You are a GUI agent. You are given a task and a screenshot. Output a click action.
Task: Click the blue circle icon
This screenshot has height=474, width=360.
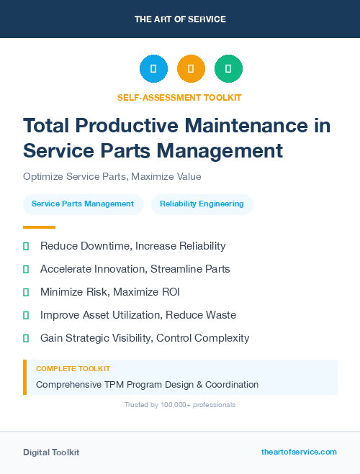pyautogui.click(x=153, y=69)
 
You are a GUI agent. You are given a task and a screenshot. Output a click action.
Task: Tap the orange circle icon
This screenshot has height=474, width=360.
pyautogui.click(x=191, y=69)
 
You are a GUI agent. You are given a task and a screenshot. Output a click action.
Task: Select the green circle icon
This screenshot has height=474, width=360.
pyautogui.click(x=228, y=69)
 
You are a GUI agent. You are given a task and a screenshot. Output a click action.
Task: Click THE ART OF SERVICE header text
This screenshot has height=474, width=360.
pyautogui.click(x=180, y=19)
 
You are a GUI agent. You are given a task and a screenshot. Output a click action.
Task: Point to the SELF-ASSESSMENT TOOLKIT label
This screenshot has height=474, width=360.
pyautogui.click(x=179, y=97)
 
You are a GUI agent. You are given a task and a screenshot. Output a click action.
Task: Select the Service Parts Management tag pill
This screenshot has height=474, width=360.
pyautogui.click(x=83, y=204)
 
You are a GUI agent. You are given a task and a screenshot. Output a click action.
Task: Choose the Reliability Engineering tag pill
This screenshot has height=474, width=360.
pyautogui.click(x=202, y=204)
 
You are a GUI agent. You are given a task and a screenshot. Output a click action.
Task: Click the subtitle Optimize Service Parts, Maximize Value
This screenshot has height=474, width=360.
pyautogui.click(x=112, y=176)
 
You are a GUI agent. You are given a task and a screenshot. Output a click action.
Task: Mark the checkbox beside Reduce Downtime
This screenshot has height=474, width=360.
pyautogui.click(x=26, y=246)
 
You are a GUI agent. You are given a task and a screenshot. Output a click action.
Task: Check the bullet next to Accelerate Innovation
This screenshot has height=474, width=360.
pyautogui.click(x=26, y=269)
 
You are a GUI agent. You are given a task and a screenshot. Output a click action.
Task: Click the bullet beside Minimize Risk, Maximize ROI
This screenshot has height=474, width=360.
pyautogui.click(x=26, y=292)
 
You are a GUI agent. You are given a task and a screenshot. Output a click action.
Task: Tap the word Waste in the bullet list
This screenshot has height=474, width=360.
pyautogui.click(x=221, y=315)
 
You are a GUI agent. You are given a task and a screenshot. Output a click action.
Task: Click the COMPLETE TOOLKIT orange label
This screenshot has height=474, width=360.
pyautogui.click(x=73, y=369)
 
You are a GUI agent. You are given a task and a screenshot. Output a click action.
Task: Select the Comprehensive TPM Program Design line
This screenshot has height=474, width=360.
pyautogui.click(x=147, y=385)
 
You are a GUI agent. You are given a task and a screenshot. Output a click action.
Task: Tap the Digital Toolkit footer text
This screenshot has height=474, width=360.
pyautogui.click(x=51, y=452)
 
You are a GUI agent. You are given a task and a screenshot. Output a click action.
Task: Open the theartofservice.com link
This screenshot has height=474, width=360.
pyautogui.click(x=299, y=452)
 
